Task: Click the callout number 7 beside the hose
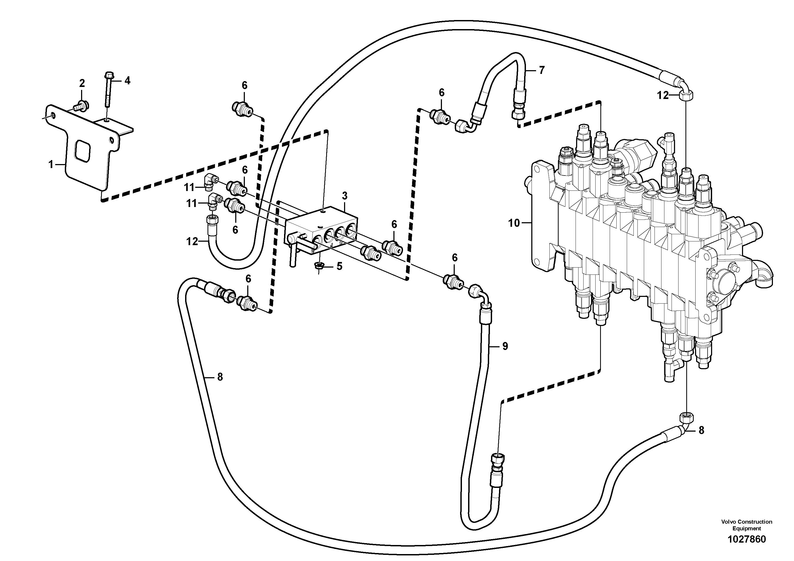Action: (541, 70)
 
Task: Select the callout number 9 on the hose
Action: (505, 346)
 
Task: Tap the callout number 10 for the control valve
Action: (514, 223)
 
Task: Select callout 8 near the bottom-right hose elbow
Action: (701, 430)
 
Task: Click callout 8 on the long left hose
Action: (220, 377)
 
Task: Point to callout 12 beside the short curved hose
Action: (192, 241)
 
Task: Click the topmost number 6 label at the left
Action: (245, 85)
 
